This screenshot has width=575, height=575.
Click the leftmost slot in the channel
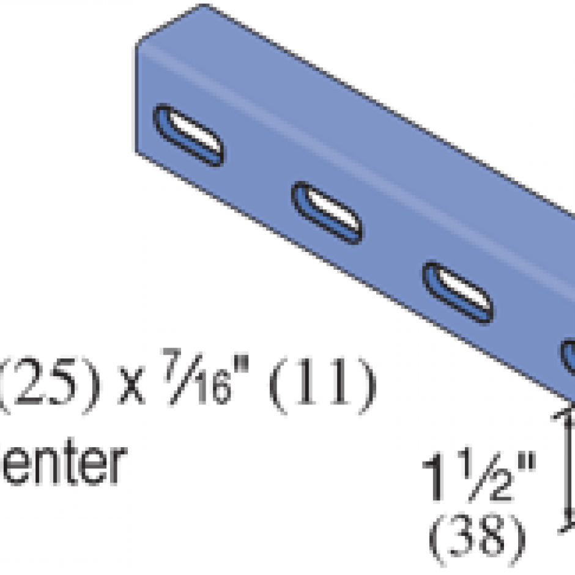pyautogui.click(x=190, y=136)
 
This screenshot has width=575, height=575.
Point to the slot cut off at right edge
pyautogui.click(x=569, y=358)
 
